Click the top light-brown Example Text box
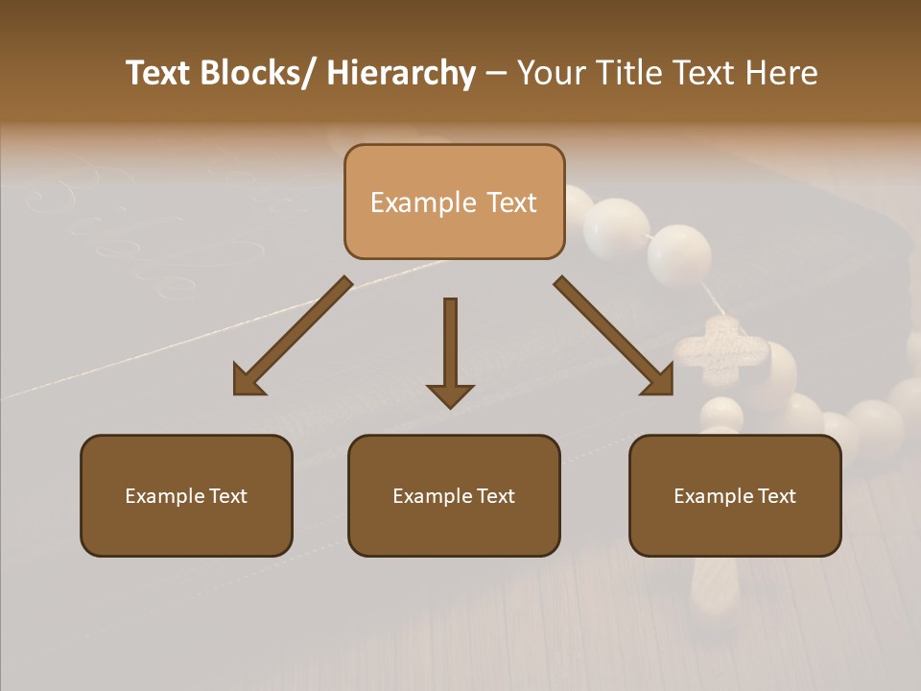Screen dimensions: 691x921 click(454, 202)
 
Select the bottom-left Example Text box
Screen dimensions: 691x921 click(186, 495)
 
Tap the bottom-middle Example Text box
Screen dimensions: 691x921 click(454, 495)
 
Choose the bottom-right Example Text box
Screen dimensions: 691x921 click(735, 495)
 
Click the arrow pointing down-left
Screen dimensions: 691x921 click(293, 336)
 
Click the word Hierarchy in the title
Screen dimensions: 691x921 click(401, 73)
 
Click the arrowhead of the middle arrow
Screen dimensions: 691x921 click(450, 395)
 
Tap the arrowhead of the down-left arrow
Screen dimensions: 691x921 click(248, 381)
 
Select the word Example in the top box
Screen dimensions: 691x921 click(422, 203)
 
